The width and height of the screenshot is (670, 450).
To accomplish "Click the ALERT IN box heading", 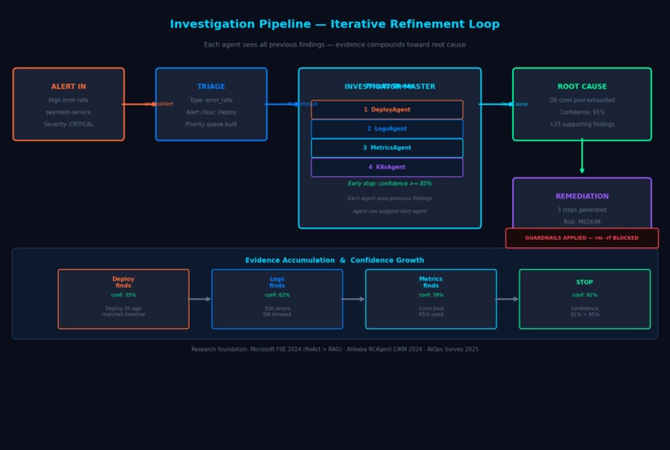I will (x=68, y=86).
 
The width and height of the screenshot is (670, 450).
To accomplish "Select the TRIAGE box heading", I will (x=211, y=86).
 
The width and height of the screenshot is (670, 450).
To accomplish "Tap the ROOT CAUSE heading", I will (x=582, y=86).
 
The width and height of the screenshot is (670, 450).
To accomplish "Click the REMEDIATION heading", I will (x=582, y=197).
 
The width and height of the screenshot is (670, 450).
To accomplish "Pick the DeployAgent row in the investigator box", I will (x=387, y=110).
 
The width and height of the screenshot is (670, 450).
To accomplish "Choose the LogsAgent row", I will (x=387, y=129).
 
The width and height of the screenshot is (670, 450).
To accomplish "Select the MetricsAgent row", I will (x=387, y=148).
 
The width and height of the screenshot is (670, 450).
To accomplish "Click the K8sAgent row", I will (x=387, y=167).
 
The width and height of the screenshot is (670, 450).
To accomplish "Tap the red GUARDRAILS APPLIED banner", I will (x=582, y=238).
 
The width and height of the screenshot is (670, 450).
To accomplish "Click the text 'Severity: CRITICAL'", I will (x=68, y=125).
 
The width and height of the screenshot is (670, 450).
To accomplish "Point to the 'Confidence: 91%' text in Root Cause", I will (x=582, y=112).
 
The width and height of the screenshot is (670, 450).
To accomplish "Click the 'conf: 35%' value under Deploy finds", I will (x=123, y=295).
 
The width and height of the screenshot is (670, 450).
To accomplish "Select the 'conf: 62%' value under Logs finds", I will (x=277, y=295).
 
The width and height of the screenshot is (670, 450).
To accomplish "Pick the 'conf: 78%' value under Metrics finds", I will (x=431, y=295).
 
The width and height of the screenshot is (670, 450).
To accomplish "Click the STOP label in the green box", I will (x=584, y=282).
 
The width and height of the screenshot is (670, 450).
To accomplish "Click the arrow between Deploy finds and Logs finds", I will (x=200, y=299).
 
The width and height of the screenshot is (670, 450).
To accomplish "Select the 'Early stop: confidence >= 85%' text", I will (x=389, y=183).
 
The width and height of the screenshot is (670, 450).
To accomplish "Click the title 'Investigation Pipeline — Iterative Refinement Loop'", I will (x=335, y=25).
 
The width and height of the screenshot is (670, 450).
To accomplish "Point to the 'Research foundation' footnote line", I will (x=335, y=350).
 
